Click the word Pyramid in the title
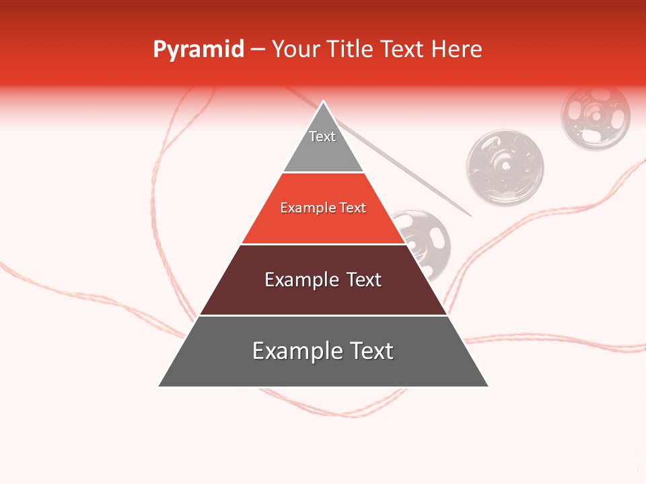199,50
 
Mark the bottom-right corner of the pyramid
487,386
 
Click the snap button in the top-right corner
596,116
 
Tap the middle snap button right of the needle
505,167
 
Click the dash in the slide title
258,50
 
